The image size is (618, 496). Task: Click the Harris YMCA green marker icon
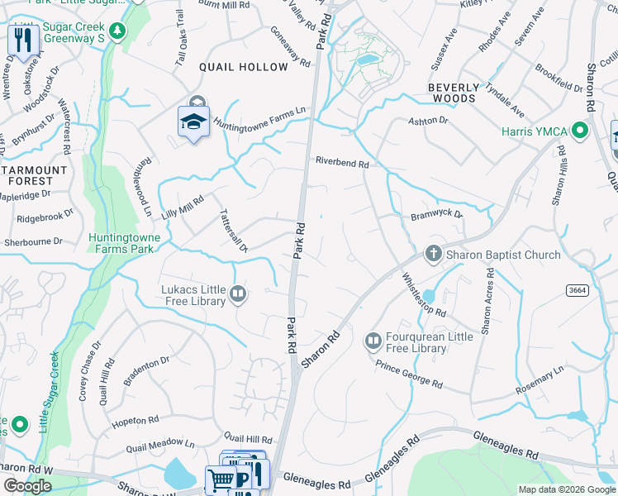(x=580, y=131)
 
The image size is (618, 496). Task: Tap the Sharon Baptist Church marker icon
(x=434, y=255)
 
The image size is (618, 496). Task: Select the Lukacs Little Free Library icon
(x=238, y=293)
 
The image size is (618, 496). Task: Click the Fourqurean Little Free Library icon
(x=373, y=340)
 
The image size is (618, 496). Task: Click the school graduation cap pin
(x=193, y=122)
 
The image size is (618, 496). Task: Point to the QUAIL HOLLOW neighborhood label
(x=243, y=67)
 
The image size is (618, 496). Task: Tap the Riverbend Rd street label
(x=341, y=163)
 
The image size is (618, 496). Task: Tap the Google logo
(x=28, y=486)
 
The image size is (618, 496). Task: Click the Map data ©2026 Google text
(x=567, y=489)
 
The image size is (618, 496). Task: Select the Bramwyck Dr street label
(x=437, y=216)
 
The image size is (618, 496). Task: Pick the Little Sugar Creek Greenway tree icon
(x=118, y=31)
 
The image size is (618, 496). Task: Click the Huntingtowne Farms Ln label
(x=260, y=117)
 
